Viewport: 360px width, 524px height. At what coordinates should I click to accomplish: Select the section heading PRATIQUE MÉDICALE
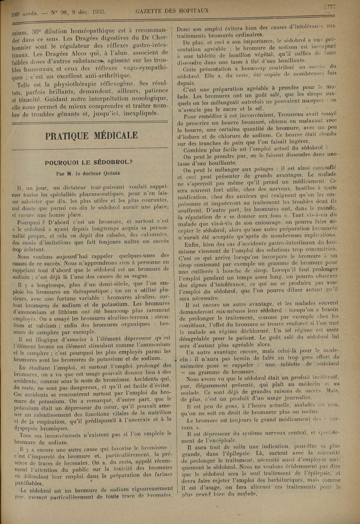click(x=92, y=135)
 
